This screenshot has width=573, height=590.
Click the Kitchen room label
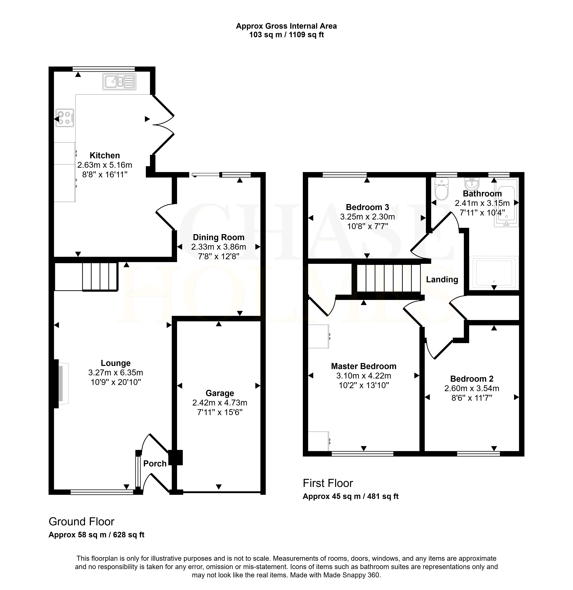tap(105, 155)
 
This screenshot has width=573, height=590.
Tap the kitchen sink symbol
tap(119, 82)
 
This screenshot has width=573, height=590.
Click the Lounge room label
tap(116, 363)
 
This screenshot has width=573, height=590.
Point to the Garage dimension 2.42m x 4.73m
tap(220, 403)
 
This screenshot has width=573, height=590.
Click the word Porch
tap(155, 464)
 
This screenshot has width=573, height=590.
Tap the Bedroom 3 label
tap(367, 207)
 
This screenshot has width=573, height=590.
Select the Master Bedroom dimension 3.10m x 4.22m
tap(364, 376)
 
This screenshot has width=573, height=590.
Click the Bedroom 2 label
tap(472, 379)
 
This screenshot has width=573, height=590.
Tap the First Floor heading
tap(328, 483)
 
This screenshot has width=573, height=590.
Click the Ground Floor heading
tap(82, 522)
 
